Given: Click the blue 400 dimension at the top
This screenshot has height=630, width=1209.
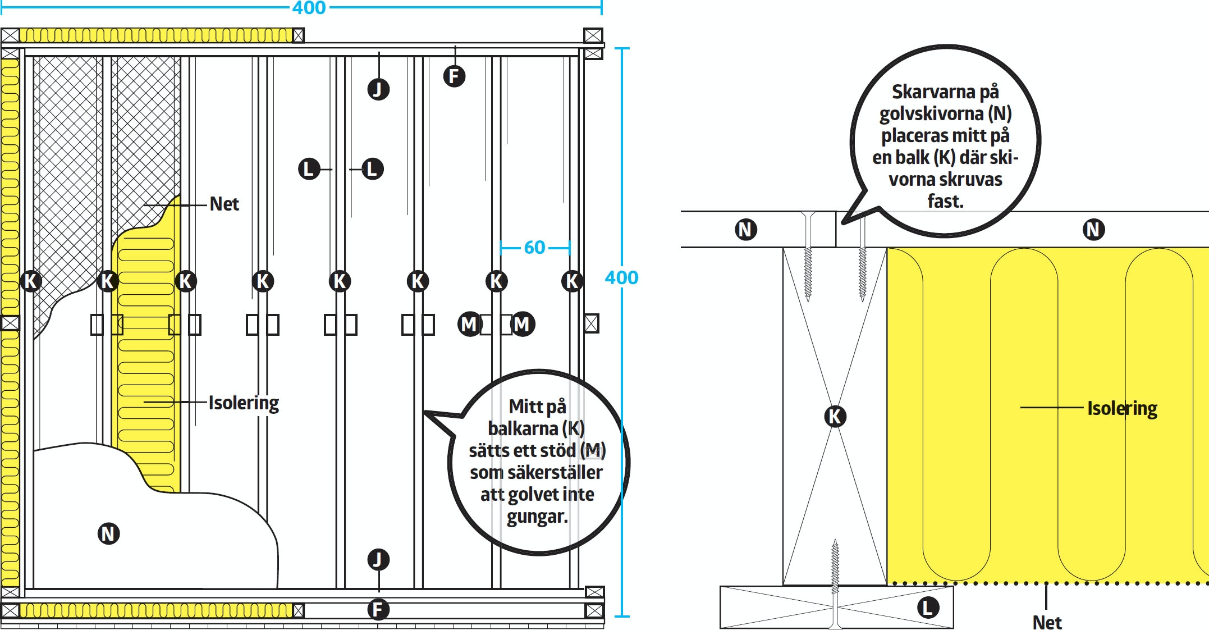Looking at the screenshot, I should pyautogui.click(x=309, y=8).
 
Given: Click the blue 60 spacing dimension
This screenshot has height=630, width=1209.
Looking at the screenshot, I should pyautogui.click(x=534, y=247).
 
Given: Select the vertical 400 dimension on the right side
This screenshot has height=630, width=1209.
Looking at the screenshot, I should pyautogui.click(x=621, y=277).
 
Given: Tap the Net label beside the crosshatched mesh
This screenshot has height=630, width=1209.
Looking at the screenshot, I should pyautogui.click(x=224, y=204).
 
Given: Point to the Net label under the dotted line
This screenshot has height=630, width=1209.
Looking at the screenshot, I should pyautogui.click(x=1047, y=622).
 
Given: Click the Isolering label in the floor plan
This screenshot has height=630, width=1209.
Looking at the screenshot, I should pyautogui.click(x=244, y=403).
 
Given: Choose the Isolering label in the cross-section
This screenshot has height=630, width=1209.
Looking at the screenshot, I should pyautogui.click(x=1122, y=408).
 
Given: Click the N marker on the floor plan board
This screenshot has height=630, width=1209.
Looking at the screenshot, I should pyautogui.click(x=109, y=533).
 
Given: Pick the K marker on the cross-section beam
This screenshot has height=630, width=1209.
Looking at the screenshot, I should pyautogui.click(x=835, y=416).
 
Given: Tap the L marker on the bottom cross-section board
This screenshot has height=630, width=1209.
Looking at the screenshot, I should pyautogui.click(x=928, y=607).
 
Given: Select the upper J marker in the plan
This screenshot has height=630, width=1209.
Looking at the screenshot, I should pyautogui.click(x=378, y=89).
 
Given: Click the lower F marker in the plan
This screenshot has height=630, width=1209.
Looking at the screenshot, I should pyautogui.click(x=378, y=609).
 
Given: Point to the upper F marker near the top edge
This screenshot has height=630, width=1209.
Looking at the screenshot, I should pyautogui.click(x=454, y=76).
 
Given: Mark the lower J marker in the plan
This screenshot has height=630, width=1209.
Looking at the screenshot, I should pyautogui.click(x=378, y=559).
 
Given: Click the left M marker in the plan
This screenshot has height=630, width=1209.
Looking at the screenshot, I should pyautogui.click(x=469, y=324).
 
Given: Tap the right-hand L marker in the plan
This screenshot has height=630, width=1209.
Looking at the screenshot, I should pyautogui.click(x=372, y=168).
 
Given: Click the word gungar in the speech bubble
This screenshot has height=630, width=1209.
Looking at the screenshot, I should pyautogui.click(x=537, y=516).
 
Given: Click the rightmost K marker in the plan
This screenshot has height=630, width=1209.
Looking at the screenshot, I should pyautogui.click(x=572, y=281).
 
